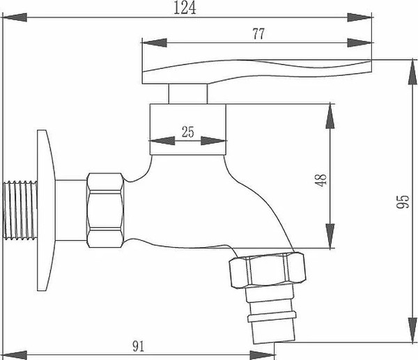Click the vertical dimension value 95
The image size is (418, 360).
pos(402,203)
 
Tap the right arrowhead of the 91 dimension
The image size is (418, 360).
pos(271,354)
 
